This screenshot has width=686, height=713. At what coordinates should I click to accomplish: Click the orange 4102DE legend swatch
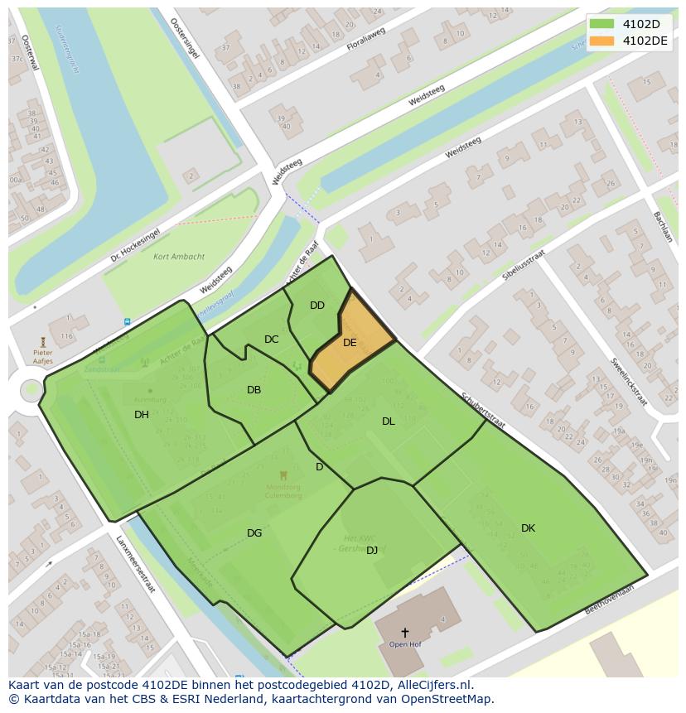coord(602,41)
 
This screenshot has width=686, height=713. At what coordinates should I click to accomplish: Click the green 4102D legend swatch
coord(602,24)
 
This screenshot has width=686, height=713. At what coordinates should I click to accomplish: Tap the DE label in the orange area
coord(350,343)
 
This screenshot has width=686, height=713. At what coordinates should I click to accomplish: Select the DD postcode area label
coord(317,306)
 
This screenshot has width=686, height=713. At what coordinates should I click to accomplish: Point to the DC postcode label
coord(272,340)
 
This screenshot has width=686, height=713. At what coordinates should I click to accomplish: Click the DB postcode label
coord(254,390)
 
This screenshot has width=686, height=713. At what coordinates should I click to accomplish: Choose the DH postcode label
coord(142,415)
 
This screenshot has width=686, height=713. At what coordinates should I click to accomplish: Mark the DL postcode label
coord(389,422)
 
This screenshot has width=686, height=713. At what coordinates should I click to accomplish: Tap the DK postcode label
coord(528,528)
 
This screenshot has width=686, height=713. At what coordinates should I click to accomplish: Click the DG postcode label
coord(254,533)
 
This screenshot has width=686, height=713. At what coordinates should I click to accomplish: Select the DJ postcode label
coord(372,550)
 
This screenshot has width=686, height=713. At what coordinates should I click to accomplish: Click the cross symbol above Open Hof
coord(404,632)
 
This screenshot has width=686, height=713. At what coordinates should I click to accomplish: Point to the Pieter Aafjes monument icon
coord(43,342)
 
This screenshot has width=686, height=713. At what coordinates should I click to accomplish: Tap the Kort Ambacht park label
coord(179,257)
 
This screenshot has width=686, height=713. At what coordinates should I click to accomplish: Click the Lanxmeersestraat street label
coord(135,564)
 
